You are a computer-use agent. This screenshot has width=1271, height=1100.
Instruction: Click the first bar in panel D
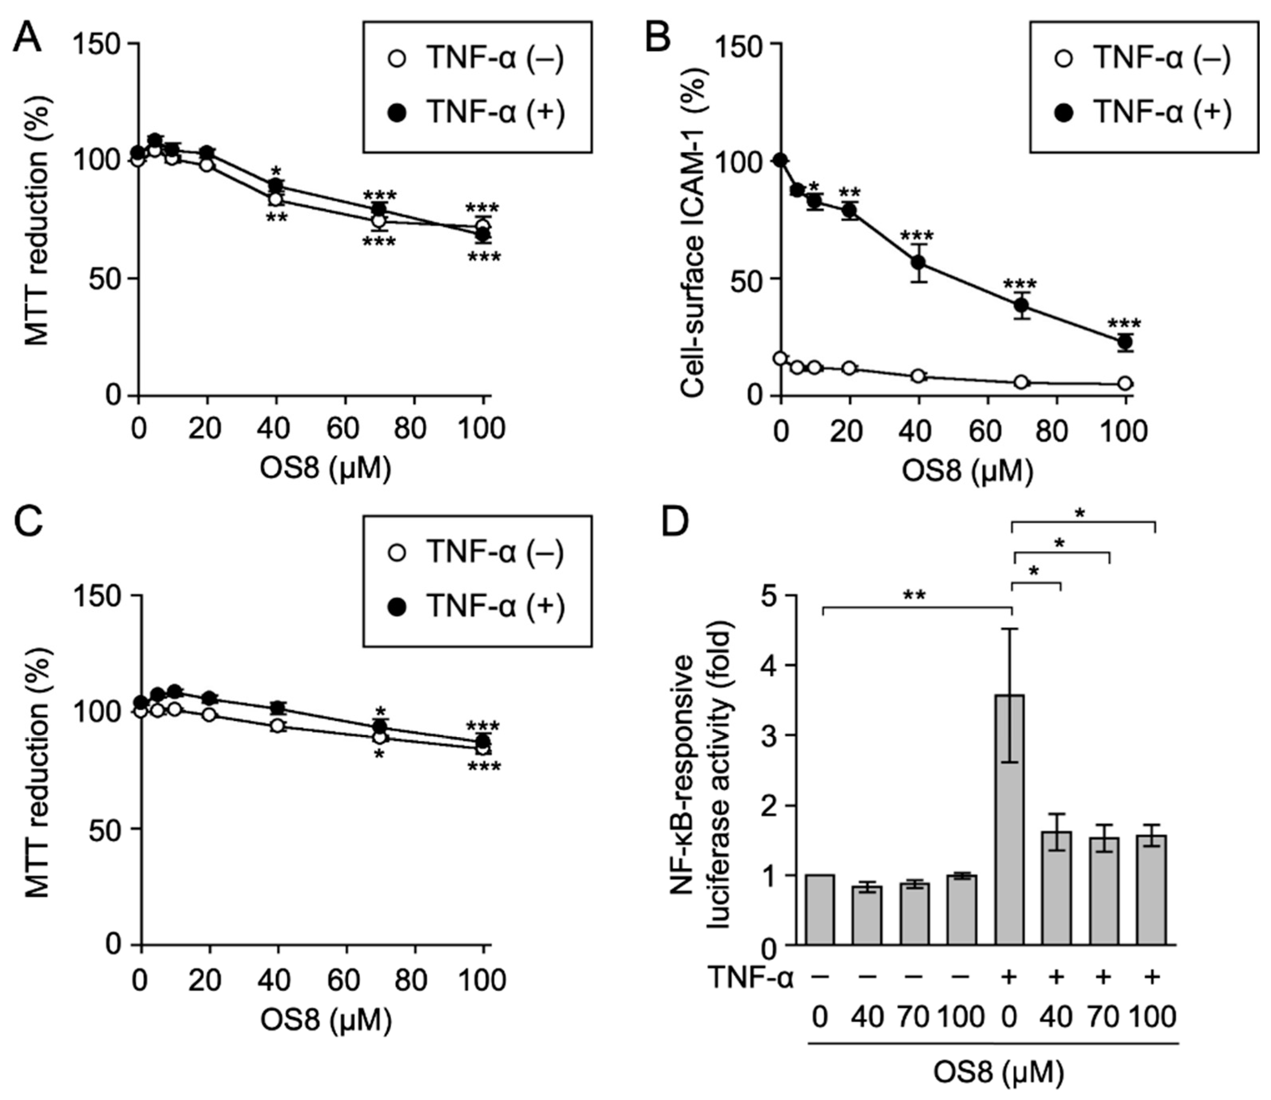[x=819, y=909]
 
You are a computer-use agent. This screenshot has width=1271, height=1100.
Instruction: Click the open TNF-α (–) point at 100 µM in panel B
[x=1125, y=383]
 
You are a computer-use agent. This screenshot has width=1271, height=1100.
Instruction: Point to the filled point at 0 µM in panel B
[x=781, y=161]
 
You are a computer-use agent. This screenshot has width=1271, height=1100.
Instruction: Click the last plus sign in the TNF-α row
[x=1152, y=976]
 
